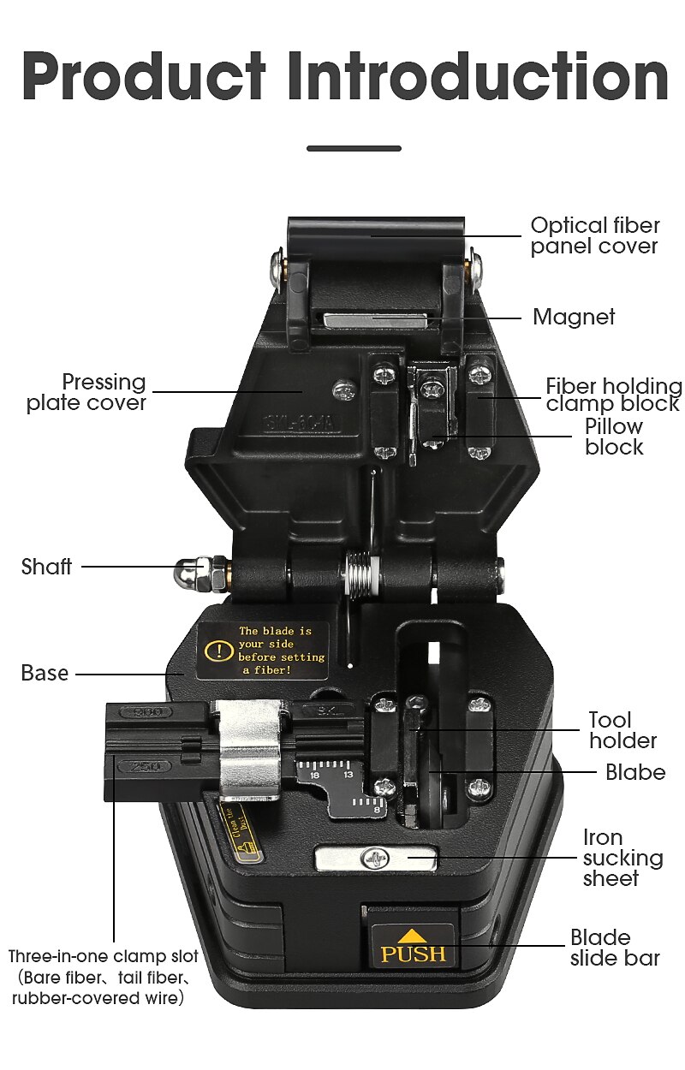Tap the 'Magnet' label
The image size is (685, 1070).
(x=574, y=317)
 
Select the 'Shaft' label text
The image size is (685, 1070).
(x=46, y=567)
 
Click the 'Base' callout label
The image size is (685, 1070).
(x=45, y=674)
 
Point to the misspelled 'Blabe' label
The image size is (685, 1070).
(x=634, y=772)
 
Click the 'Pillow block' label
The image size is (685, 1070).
(x=613, y=437)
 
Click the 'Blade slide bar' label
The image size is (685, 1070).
(x=615, y=948)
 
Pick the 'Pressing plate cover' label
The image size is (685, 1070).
(x=86, y=392)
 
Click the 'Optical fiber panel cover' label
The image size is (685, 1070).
(x=594, y=235)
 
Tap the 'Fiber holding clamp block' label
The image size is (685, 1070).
(x=613, y=395)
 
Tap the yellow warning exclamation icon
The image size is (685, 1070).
(x=221, y=651)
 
